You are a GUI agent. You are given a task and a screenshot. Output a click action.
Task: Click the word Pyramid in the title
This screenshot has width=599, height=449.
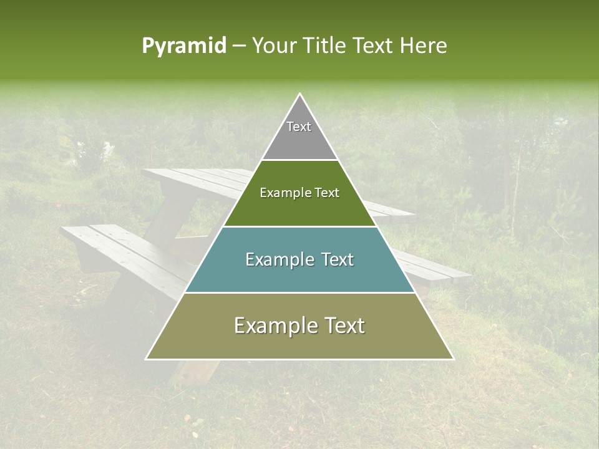click(x=184, y=46)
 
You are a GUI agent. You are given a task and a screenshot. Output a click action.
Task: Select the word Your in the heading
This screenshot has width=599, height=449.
click(x=273, y=46)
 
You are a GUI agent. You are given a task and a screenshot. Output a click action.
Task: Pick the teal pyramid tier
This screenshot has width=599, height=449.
click(x=299, y=274)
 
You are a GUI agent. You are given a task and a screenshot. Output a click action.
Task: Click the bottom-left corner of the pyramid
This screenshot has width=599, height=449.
click(x=147, y=359)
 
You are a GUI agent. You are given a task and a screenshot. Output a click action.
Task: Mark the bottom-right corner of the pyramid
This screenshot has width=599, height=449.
click(x=452, y=359)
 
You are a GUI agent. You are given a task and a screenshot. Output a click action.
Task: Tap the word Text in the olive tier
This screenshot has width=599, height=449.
click(x=340, y=326)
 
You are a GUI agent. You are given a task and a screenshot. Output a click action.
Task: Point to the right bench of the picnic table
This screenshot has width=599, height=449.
click(x=437, y=268)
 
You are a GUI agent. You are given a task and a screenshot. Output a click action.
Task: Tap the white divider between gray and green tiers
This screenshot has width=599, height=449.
click(x=299, y=160)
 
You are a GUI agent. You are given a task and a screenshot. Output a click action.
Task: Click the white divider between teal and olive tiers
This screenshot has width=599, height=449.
click(x=299, y=292)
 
